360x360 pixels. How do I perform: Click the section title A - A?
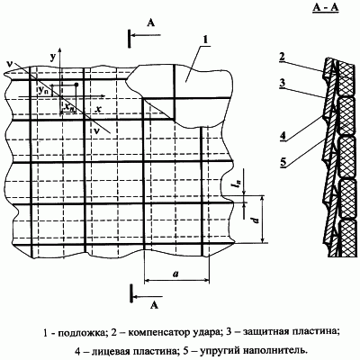(326, 8)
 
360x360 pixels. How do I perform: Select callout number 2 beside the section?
(281, 57)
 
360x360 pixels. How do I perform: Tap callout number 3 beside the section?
(281, 83)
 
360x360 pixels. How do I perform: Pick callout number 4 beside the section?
(282, 136)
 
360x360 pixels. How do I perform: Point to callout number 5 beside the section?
(283, 163)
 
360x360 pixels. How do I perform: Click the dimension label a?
(175, 273)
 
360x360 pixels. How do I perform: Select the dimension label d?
(256, 220)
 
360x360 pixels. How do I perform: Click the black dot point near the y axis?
(76, 85)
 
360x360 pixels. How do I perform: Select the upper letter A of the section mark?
(151, 22)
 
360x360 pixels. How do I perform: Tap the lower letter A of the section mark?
(154, 305)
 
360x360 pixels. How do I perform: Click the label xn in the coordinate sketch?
(69, 107)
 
